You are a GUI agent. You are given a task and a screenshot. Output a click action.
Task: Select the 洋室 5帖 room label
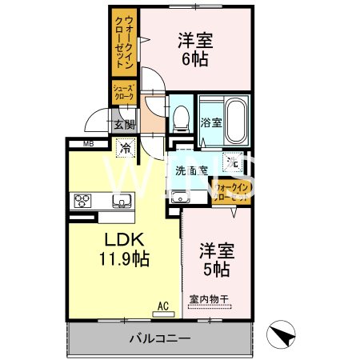point(215,258)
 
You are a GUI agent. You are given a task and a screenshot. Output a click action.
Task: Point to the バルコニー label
point(160,338)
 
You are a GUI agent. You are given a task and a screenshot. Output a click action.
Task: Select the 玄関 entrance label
point(124,124)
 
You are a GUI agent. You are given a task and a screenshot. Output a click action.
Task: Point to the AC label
point(162,305)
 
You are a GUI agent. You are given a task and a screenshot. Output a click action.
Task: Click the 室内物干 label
point(209,300)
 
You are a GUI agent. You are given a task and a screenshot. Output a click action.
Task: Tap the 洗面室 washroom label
point(192,170)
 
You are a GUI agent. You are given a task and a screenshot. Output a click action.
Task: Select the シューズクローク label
point(123,91)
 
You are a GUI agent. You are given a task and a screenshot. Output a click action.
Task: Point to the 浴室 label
point(210,123)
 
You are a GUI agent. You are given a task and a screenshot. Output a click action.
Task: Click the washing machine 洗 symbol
point(233,162)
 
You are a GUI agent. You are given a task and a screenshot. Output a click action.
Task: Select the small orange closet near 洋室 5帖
point(232,191)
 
